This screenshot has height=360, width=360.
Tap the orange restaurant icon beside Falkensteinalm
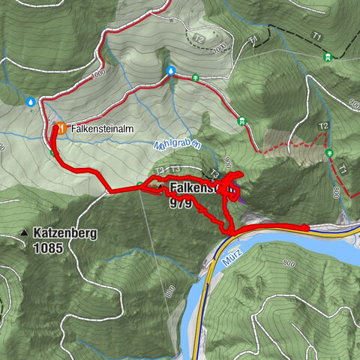59,128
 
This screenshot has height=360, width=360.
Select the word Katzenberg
64,233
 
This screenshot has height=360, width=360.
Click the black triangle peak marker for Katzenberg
25,233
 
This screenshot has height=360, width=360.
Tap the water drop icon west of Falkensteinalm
31,101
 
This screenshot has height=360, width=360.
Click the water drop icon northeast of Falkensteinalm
171,71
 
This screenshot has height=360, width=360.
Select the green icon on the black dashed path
327,57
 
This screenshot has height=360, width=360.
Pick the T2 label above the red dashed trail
324,125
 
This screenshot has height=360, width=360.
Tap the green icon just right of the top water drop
195,76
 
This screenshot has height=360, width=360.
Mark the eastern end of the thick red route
306,227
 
